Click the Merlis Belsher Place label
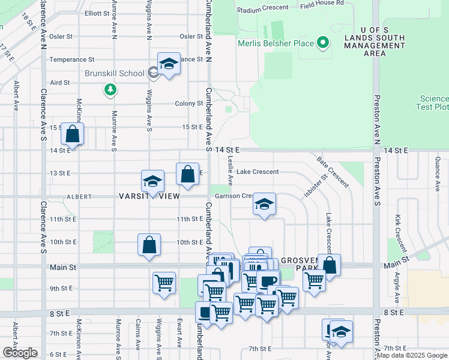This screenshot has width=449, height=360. click(276, 43)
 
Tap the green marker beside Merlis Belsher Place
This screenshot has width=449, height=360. click(323, 43)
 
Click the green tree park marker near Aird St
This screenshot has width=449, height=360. click(110, 90)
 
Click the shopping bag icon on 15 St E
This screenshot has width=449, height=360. click(72, 135)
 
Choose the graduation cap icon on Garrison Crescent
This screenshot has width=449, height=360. click(264, 205)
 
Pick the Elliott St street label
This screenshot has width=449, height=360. click(97, 13)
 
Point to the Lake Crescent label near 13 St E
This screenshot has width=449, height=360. click(258, 172)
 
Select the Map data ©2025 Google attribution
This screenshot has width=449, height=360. click(412, 355)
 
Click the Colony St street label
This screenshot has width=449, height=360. click(189, 104)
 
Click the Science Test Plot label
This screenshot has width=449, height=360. click(433, 103)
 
